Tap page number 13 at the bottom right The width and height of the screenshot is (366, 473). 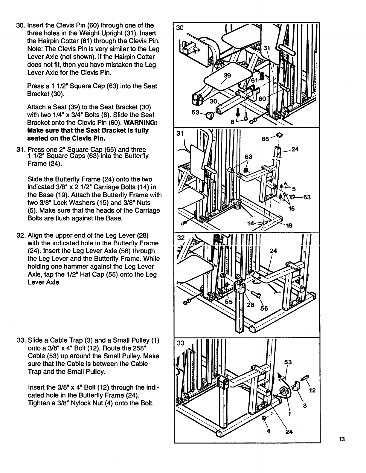[342, 439]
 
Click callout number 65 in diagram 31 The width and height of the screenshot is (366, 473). [265, 139]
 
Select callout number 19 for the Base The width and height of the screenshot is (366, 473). [289, 226]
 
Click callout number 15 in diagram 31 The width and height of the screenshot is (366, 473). [292, 208]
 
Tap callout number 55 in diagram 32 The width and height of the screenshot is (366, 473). [229, 302]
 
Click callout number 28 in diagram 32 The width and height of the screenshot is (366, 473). [251, 305]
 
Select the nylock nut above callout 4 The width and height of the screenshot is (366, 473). [264, 418]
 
